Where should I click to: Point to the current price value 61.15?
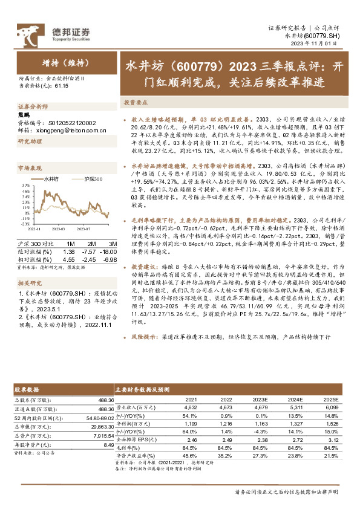pos(62,86)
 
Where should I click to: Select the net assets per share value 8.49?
pos(109,445)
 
